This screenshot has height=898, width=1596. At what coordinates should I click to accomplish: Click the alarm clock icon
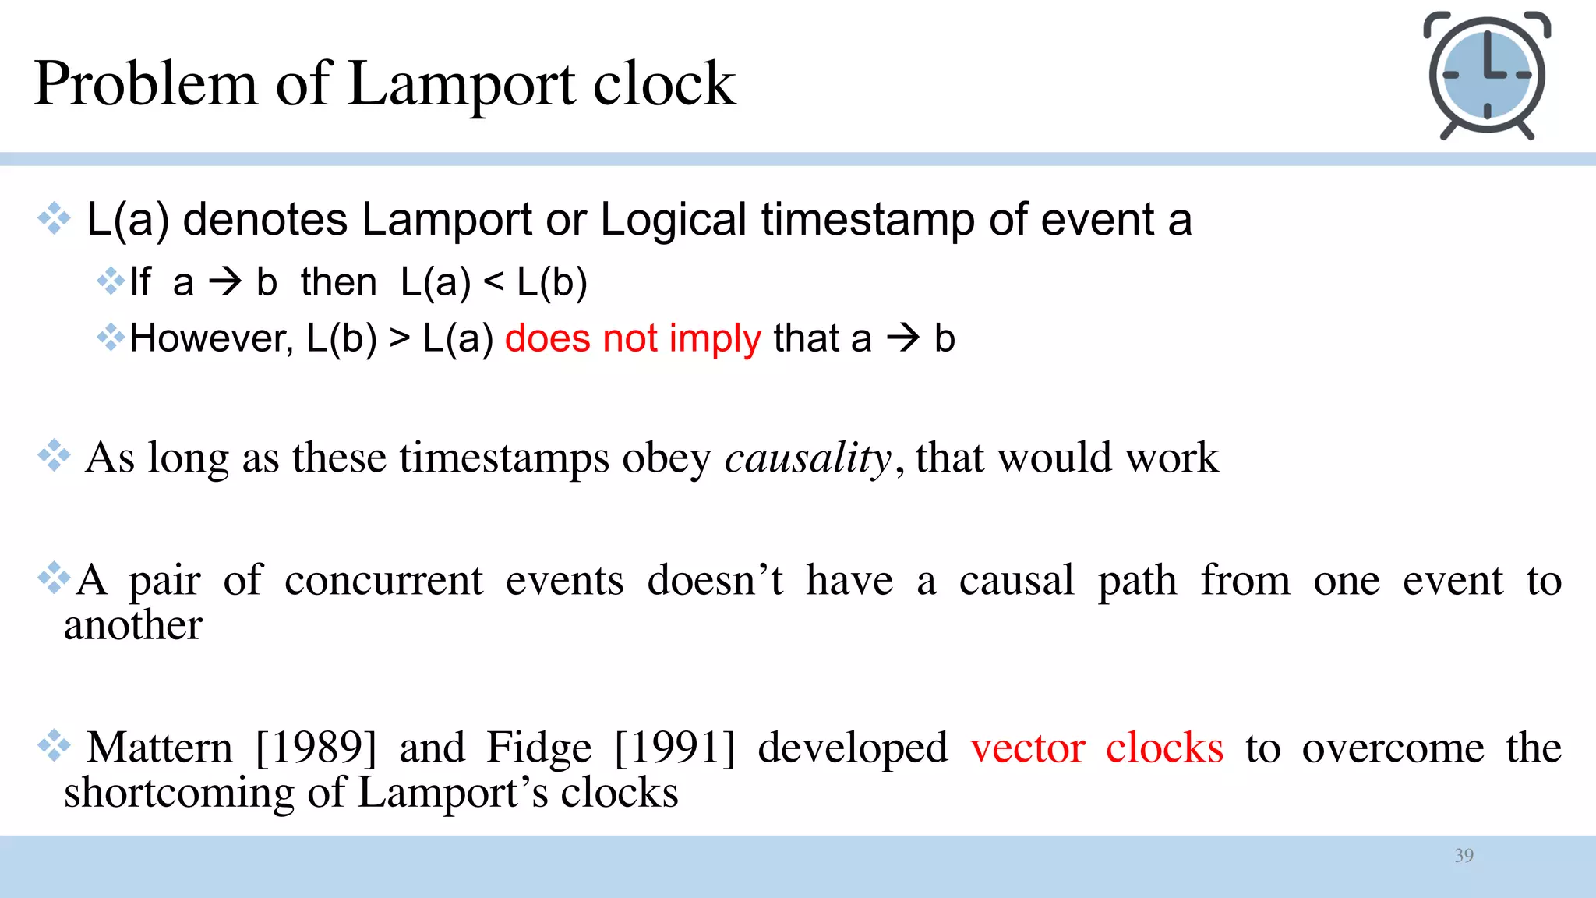[1486, 75]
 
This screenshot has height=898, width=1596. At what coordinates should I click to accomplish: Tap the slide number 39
[1464, 855]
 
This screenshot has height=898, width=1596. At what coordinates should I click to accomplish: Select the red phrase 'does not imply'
[633, 339]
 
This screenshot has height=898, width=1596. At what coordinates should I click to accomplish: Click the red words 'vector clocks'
[1096, 748]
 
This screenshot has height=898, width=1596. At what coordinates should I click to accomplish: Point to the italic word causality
[807, 458]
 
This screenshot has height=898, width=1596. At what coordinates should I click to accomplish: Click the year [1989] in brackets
[316, 748]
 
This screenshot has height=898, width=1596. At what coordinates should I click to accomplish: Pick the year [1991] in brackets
[675, 748]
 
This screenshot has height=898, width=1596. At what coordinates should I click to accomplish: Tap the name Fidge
[538, 748]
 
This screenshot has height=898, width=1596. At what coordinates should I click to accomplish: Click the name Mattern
[160, 748]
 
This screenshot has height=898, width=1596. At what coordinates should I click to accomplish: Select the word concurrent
[383, 581]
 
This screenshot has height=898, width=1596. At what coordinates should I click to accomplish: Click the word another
[133, 625]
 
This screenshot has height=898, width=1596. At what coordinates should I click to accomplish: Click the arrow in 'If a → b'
[226, 281]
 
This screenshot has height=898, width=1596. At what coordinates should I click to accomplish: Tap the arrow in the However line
[903, 338]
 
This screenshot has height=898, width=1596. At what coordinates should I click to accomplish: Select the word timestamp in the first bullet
[868, 220]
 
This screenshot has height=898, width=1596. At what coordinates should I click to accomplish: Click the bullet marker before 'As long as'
[54, 455]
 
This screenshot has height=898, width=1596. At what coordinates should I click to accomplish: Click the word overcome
[1393, 748]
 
